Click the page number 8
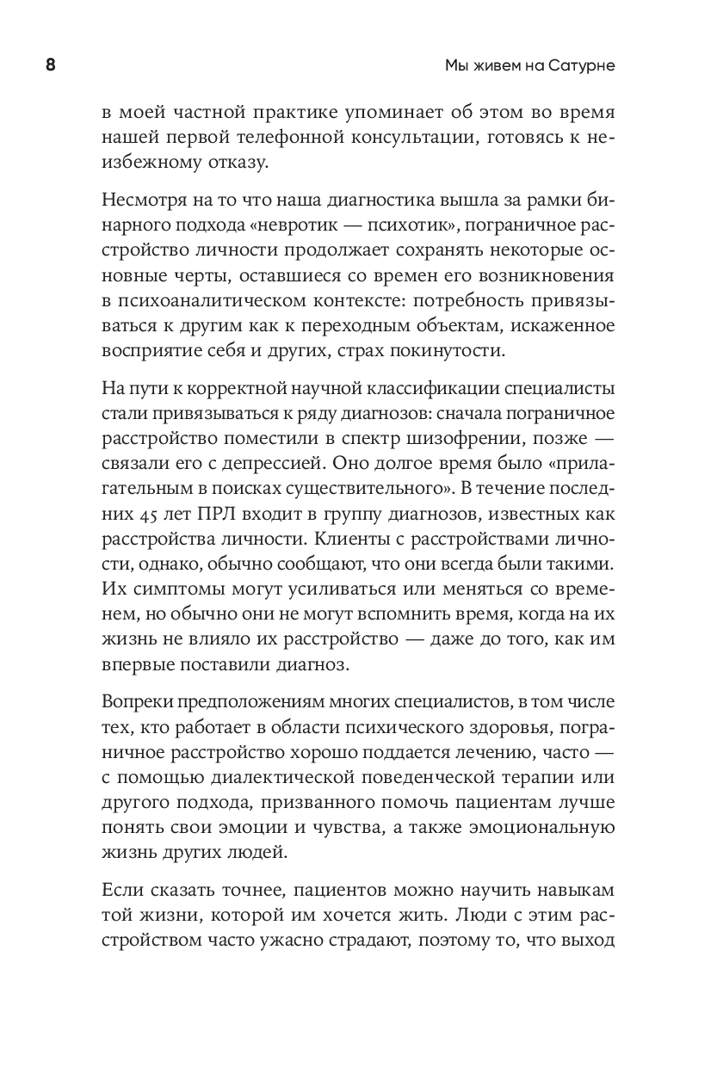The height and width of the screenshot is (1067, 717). pos(50,66)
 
